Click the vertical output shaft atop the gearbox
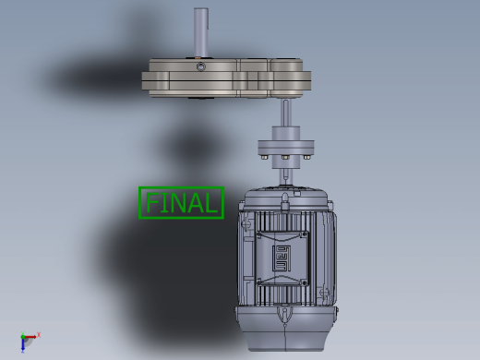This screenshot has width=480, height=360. coord(201,32)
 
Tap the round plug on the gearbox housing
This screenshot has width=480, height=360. coord(200,66)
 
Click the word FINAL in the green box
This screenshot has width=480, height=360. coord(181,203)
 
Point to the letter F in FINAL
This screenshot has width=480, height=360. coord(150,202)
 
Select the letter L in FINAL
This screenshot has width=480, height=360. coord(211,203)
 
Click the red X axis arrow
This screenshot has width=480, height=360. coord(30,337)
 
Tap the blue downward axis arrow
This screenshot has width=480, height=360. coord(23,344)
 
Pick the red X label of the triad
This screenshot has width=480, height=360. coord(39,334)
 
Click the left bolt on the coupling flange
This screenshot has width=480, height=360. coord(264,157)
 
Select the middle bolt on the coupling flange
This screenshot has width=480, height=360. coord(285,157)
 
